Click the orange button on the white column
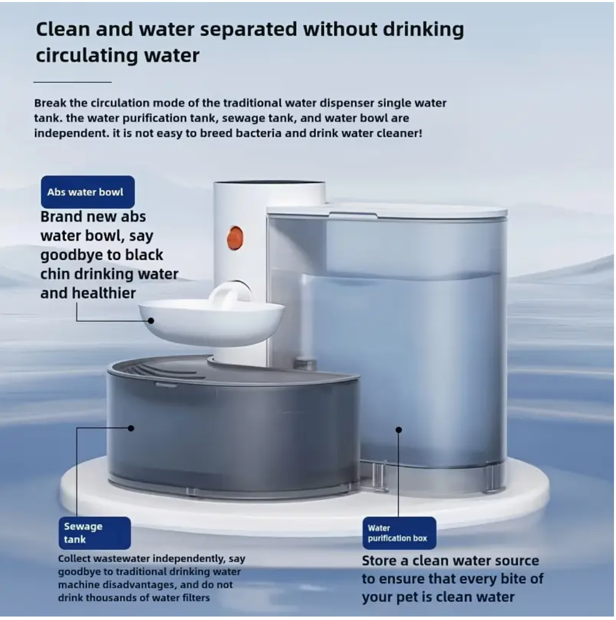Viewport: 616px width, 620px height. (235, 238)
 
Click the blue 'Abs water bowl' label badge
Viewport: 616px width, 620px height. (88, 192)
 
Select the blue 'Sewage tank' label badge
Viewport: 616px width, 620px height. (95, 533)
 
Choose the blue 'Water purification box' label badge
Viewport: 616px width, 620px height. (399, 533)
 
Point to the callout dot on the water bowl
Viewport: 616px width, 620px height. (151, 321)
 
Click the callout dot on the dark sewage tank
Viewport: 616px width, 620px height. (131, 428)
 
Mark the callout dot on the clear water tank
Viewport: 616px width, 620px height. (399, 430)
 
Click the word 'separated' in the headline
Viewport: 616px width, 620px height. (248, 30)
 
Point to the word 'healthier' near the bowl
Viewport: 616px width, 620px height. (103, 293)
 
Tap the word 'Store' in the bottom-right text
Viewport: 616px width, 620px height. (379, 561)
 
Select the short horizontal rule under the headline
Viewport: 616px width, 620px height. (72, 82)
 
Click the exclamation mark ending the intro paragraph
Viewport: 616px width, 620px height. (420, 133)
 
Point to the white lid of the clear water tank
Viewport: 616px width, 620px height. (386, 211)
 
